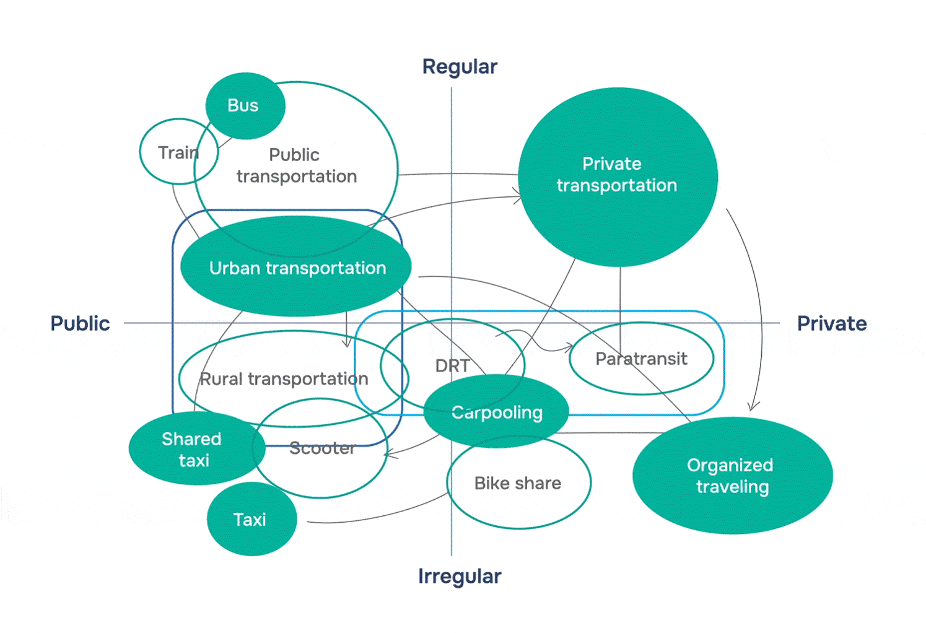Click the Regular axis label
coord(460,67)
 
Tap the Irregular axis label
coord(460,576)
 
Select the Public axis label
coord(80,323)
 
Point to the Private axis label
coord(831,323)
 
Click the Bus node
coord(245,106)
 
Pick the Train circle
coord(178,152)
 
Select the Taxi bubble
coord(251,519)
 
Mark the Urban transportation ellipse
coord(297,268)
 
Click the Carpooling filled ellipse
coord(497,413)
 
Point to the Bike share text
coord(518,483)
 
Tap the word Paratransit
coord(641,359)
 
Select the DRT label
coord(452,366)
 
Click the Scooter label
coord(322,448)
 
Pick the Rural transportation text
coord(284,379)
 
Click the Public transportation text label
coord(296,166)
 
